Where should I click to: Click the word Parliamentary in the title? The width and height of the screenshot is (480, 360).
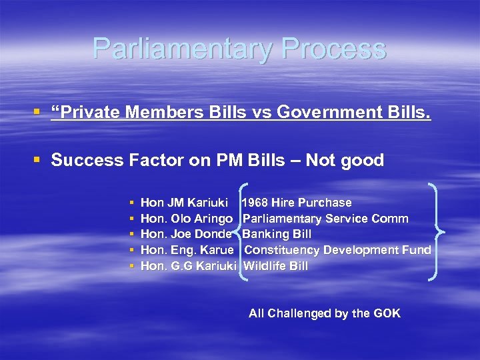pyautogui.click(x=183, y=49)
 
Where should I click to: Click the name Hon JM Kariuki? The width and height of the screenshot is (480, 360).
pyautogui.click(x=185, y=203)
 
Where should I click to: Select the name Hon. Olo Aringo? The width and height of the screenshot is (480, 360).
pyautogui.click(x=187, y=219)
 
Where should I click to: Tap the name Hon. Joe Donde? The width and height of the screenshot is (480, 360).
pyautogui.click(x=186, y=234)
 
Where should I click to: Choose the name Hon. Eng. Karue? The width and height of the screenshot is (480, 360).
pyautogui.click(x=187, y=250)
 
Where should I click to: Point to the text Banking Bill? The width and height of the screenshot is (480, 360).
pyautogui.click(x=277, y=234)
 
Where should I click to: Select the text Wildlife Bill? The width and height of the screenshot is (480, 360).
pyautogui.click(x=276, y=266)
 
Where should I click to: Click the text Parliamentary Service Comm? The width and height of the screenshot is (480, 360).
pyautogui.click(x=325, y=219)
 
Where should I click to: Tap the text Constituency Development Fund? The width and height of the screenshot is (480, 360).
pyautogui.click(x=337, y=250)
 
